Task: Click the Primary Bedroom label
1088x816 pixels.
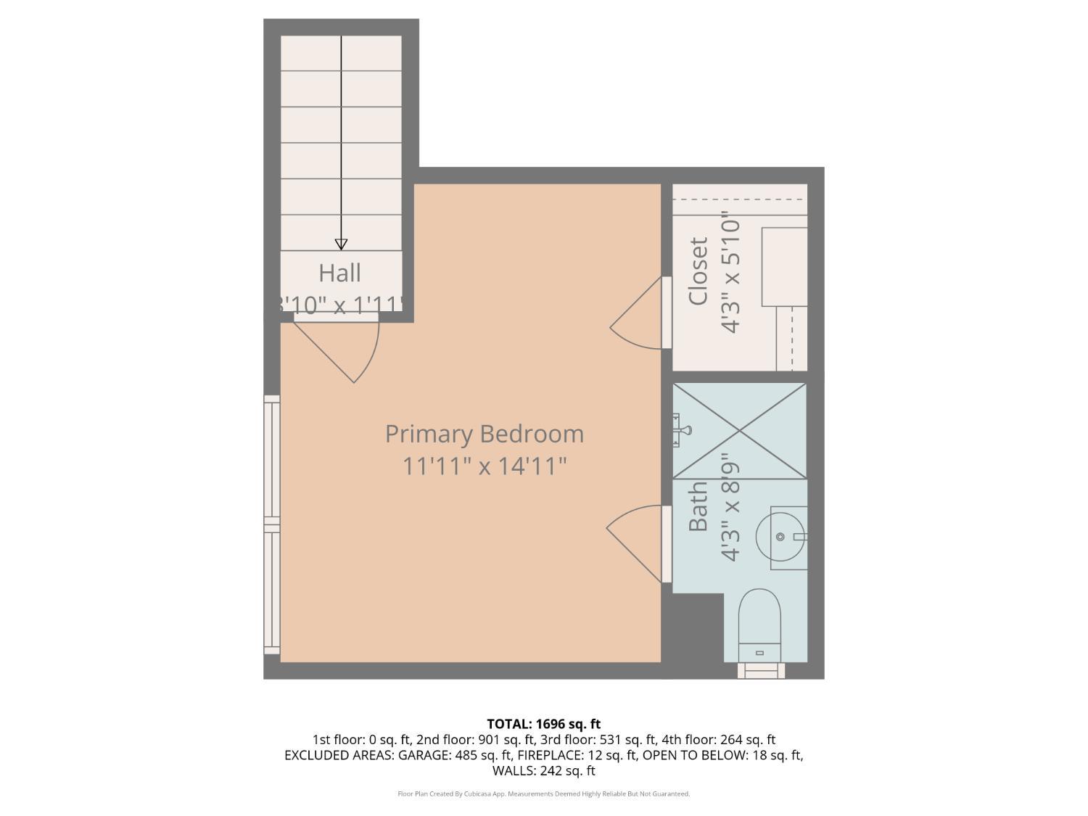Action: tap(484, 434)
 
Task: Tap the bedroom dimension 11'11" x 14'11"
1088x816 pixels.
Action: tap(484, 466)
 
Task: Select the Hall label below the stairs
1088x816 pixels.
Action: tap(339, 273)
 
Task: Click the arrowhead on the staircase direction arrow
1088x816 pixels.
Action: tap(341, 244)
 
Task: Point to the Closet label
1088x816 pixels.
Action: tap(698, 271)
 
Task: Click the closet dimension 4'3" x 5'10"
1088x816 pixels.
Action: tap(731, 276)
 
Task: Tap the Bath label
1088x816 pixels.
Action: tap(698, 506)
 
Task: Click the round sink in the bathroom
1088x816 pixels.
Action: tap(780, 537)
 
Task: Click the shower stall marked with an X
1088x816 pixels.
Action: tap(740, 431)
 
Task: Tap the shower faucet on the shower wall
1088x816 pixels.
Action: tap(680, 429)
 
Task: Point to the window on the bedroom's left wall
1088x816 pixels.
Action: tap(271, 524)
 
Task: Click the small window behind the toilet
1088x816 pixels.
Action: tap(761, 670)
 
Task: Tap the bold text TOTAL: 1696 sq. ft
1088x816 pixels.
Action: tap(543, 723)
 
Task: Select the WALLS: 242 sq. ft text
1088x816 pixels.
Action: tap(543, 770)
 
